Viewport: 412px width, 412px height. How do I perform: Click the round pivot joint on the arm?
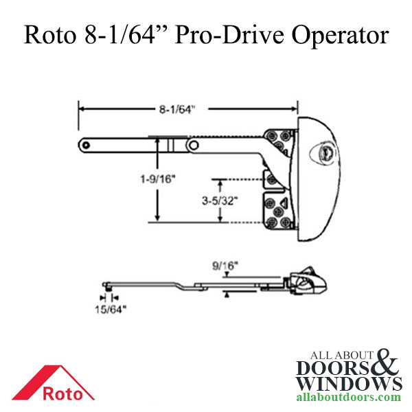pyautogui.click(x=195, y=146)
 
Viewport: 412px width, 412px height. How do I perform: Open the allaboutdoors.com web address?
pyautogui.click(x=350, y=398)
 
